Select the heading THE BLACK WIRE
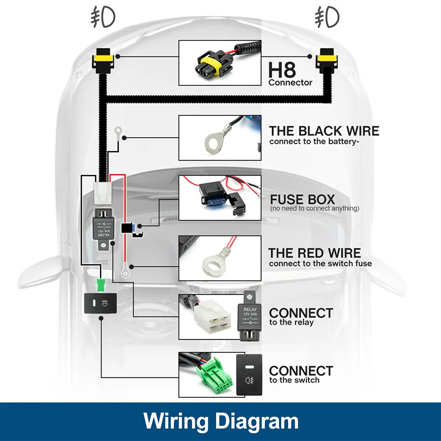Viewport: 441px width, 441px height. point(324,131)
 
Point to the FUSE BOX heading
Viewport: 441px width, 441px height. point(303,199)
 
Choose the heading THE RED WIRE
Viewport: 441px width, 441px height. point(314,253)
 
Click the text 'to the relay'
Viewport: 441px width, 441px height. point(292,322)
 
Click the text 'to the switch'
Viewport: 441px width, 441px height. point(294,380)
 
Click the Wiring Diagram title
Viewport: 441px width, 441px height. point(220,421)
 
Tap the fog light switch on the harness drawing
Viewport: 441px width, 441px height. point(101,303)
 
